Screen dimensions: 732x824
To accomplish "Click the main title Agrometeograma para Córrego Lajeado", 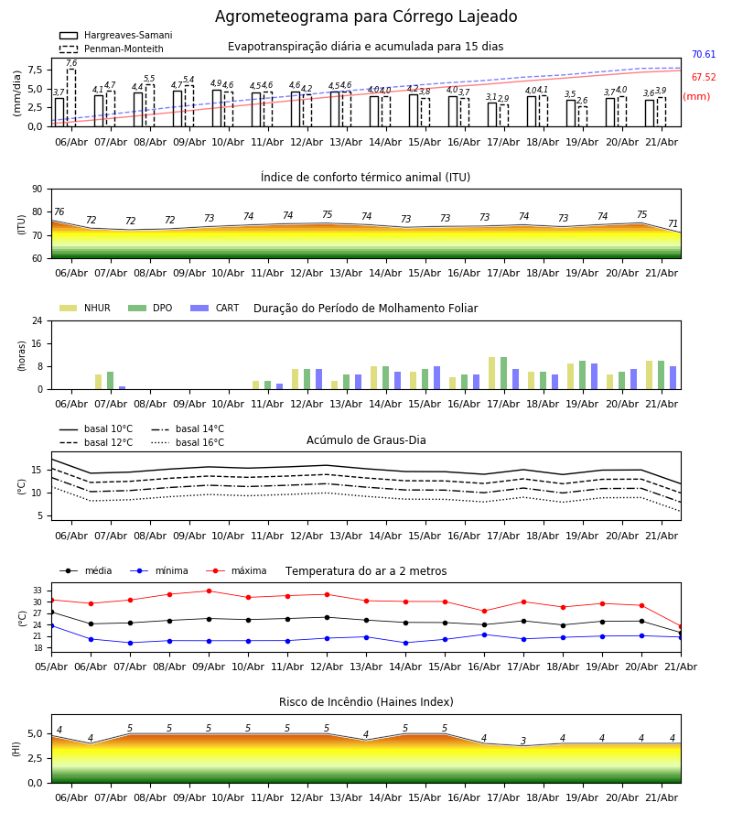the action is tap(366, 16).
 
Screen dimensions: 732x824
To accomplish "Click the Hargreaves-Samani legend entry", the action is tap(115, 35).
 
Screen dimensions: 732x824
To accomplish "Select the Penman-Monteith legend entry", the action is tap(112, 49).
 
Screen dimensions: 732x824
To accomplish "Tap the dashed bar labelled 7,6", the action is tap(71, 98).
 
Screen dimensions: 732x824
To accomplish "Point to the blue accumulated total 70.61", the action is tap(704, 54).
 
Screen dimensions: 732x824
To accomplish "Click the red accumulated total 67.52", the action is tap(704, 77).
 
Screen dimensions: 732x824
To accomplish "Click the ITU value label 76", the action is tap(59, 211).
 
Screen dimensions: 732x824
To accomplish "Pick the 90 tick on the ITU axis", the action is tap(38, 190).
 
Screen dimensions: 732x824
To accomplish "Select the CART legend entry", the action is tap(214, 308).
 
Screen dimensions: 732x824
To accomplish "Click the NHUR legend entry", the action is tap(85, 308).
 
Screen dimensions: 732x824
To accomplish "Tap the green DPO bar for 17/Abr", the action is tap(503, 374).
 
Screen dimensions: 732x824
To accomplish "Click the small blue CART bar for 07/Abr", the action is tap(123, 388).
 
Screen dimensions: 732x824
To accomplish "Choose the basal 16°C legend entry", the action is tap(188, 442).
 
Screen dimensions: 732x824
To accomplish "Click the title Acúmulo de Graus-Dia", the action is tap(366, 440).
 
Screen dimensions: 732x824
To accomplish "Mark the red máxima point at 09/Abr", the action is tap(209, 591).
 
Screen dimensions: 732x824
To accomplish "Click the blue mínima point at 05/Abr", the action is tap(51, 626).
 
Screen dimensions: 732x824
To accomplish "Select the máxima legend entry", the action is tap(236, 570).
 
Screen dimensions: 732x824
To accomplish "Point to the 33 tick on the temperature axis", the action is tap(38, 591).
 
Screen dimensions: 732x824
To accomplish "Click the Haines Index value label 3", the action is tap(523, 741).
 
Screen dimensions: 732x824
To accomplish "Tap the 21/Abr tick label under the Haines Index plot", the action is tap(662, 797).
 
